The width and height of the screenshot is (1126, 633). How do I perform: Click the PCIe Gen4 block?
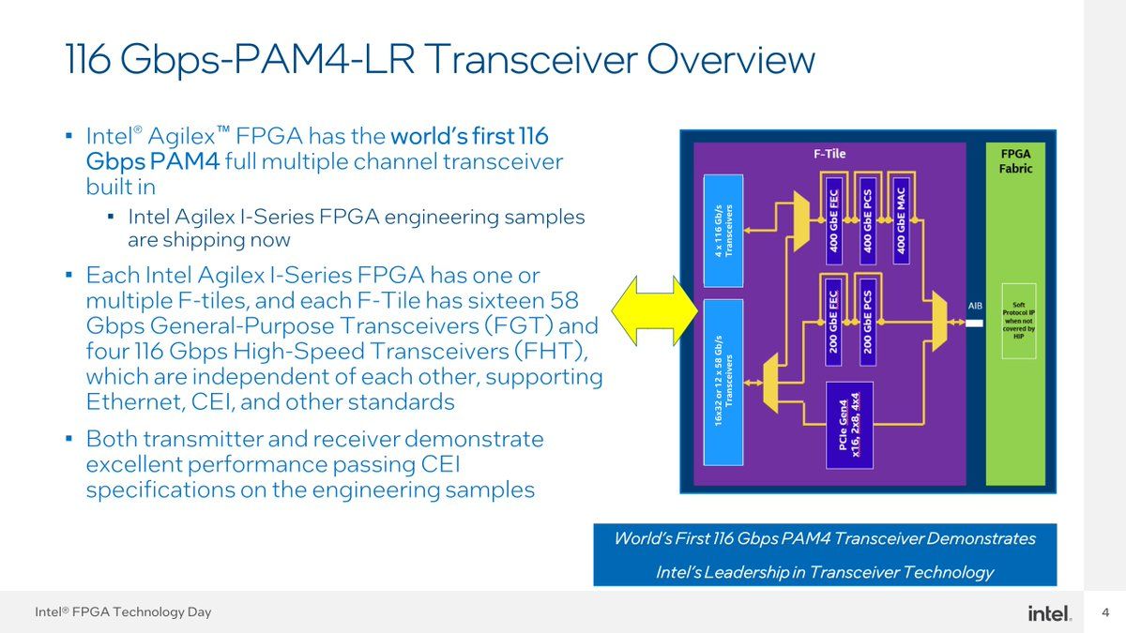[x=849, y=425]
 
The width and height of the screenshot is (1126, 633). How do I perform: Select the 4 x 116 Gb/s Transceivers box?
[x=723, y=231]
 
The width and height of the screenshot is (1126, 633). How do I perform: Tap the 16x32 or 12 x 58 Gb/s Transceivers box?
[x=723, y=383]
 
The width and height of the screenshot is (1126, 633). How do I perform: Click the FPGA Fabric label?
[x=1016, y=160]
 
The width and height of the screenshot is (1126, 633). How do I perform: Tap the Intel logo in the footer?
[x=1049, y=612]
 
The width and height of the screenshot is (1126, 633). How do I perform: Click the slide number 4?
[x=1104, y=612]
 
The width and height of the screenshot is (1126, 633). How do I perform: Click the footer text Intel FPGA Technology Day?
[x=123, y=612]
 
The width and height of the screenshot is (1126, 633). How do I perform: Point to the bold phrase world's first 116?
[x=469, y=135]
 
